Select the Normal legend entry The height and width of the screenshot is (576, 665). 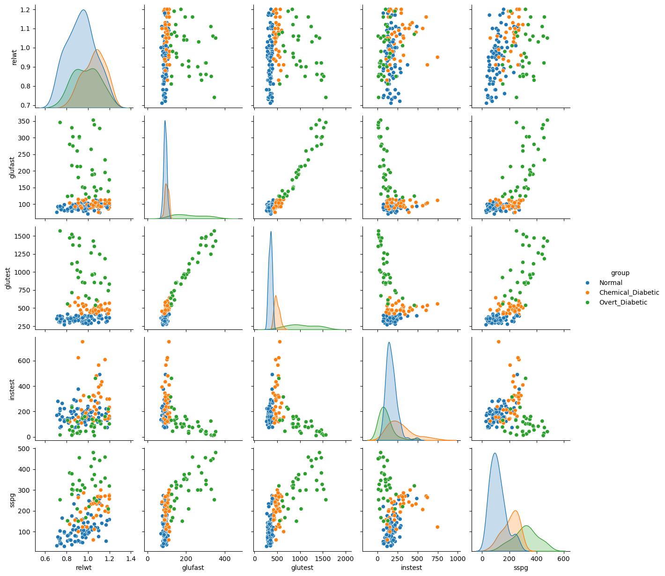pyautogui.click(x=611, y=283)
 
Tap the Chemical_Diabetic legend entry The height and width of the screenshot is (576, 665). pyautogui.click(x=629, y=292)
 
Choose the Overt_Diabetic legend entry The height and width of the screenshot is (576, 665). pyautogui.click(x=623, y=302)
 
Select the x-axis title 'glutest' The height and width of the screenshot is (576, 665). pyautogui.click(x=300, y=568)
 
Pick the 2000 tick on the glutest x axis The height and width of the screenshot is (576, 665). pyautogui.click(x=345, y=558)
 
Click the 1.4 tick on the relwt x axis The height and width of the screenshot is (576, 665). pyautogui.click(x=130, y=558)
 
